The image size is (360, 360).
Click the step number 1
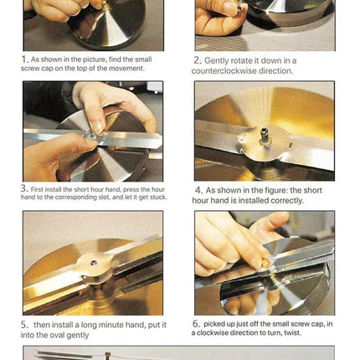pyautogui.click(x=24, y=59)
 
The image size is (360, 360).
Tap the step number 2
pyautogui.click(x=198, y=60)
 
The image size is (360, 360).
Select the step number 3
pyautogui.click(x=24, y=188)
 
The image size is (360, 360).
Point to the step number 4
pyautogui.click(x=198, y=190)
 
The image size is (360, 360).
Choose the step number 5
pyautogui.click(x=24, y=325)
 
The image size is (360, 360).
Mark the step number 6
pyautogui.click(x=196, y=324)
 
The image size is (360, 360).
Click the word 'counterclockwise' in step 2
pyautogui.click(x=224, y=71)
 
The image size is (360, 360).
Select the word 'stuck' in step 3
pyautogui.click(x=158, y=197)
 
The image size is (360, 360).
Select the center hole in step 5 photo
pyautogui.click(x=94, y=262)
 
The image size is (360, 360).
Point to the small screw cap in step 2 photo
pyautogui.click(x=239, y=8)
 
